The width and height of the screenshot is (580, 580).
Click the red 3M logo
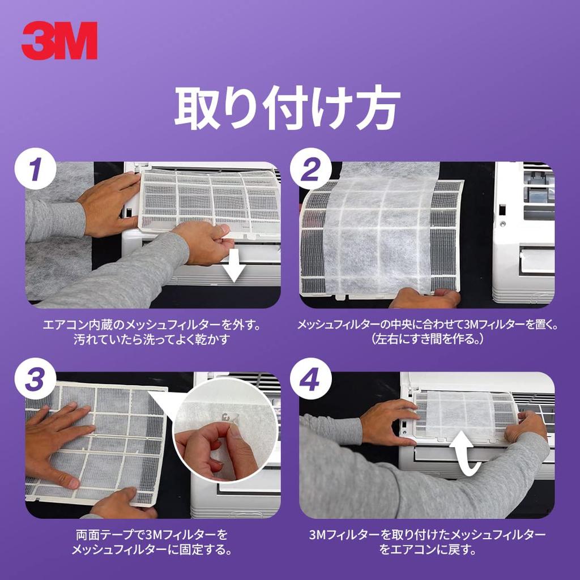pyautogui.click(x=59, y=41)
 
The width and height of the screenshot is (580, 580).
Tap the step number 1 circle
pyautogui.click(x=35, y=170)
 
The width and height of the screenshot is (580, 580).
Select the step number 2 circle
pyautogui.click(x=309, y=170)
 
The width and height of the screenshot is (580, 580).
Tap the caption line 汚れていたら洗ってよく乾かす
pyautogui.click(x=153, y=341)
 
